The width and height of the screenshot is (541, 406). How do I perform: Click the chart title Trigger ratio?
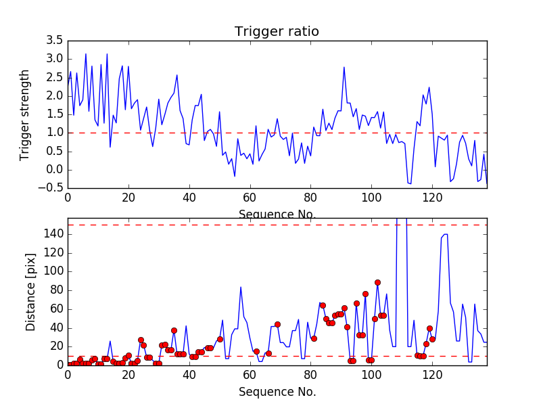277,32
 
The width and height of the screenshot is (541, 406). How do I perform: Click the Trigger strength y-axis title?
26,114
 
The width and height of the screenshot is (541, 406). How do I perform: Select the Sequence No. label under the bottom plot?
277,392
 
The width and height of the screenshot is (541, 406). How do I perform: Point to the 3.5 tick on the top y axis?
55,41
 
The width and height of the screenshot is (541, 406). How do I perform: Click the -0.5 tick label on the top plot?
52,188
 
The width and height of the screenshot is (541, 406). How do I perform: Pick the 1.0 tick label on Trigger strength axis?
55,133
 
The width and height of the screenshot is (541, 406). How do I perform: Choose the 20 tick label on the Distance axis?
55,346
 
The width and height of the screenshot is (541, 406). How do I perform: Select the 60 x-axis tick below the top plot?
250,198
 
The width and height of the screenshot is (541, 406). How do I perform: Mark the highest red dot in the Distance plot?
377,282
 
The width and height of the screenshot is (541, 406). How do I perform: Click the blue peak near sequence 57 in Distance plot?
241,287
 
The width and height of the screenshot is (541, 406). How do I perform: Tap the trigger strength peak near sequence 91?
344,67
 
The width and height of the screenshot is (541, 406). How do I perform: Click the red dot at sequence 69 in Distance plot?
277,324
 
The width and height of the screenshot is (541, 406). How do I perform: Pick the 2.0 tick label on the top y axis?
55,96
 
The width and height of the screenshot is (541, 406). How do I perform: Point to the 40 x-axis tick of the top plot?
189,198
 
